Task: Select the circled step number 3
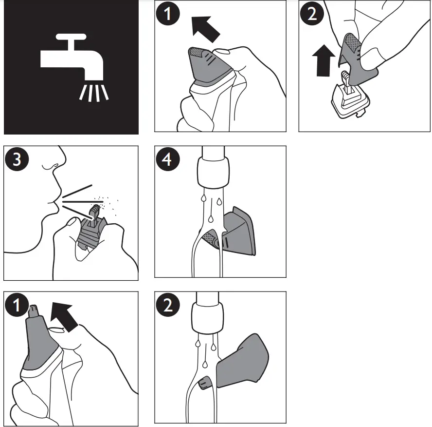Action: click(x=17, y=159)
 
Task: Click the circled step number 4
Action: click(x=167, y=159)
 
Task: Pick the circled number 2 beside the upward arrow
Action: click(x=312, y=14)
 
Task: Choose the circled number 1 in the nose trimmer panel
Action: click(x=17, y=305)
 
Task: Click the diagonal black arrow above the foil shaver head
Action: click(x=205, y=29)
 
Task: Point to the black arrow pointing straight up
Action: click(x=324, y=60)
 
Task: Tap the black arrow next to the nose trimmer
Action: click(x=65, y=316)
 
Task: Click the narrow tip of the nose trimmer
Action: click(x=34, y=311)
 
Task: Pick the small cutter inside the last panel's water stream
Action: click(x=204, y=383)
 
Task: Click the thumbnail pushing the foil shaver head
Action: click(x=222, y=52)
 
